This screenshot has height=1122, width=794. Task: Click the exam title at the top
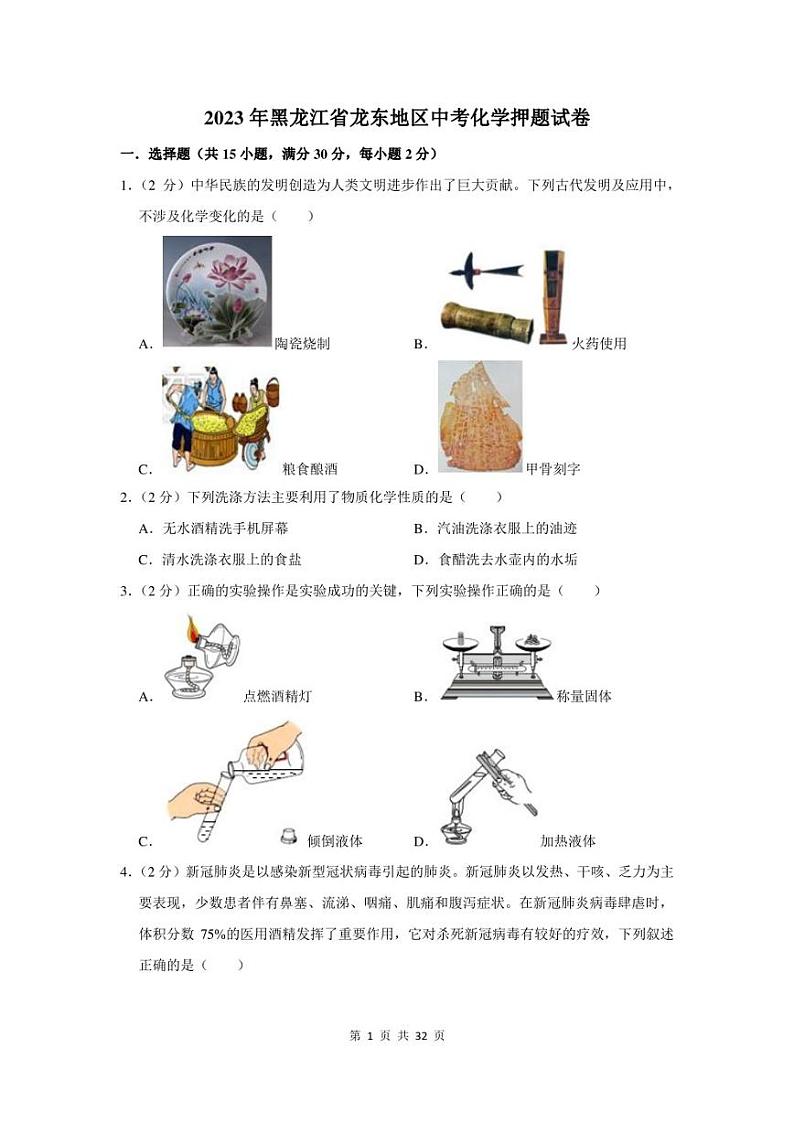[397, 119]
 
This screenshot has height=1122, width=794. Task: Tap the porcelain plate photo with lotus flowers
[217, 291]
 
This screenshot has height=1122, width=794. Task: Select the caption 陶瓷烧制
[302, 344]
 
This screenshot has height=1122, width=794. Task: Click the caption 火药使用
[599, 344]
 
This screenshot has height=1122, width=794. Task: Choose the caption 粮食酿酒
[310, 468]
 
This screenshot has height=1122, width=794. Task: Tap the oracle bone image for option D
[479, 416]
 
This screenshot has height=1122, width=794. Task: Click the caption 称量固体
[584, 697]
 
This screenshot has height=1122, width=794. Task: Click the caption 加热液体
[568, 841]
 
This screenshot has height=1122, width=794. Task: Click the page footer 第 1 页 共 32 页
[397, 1036]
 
